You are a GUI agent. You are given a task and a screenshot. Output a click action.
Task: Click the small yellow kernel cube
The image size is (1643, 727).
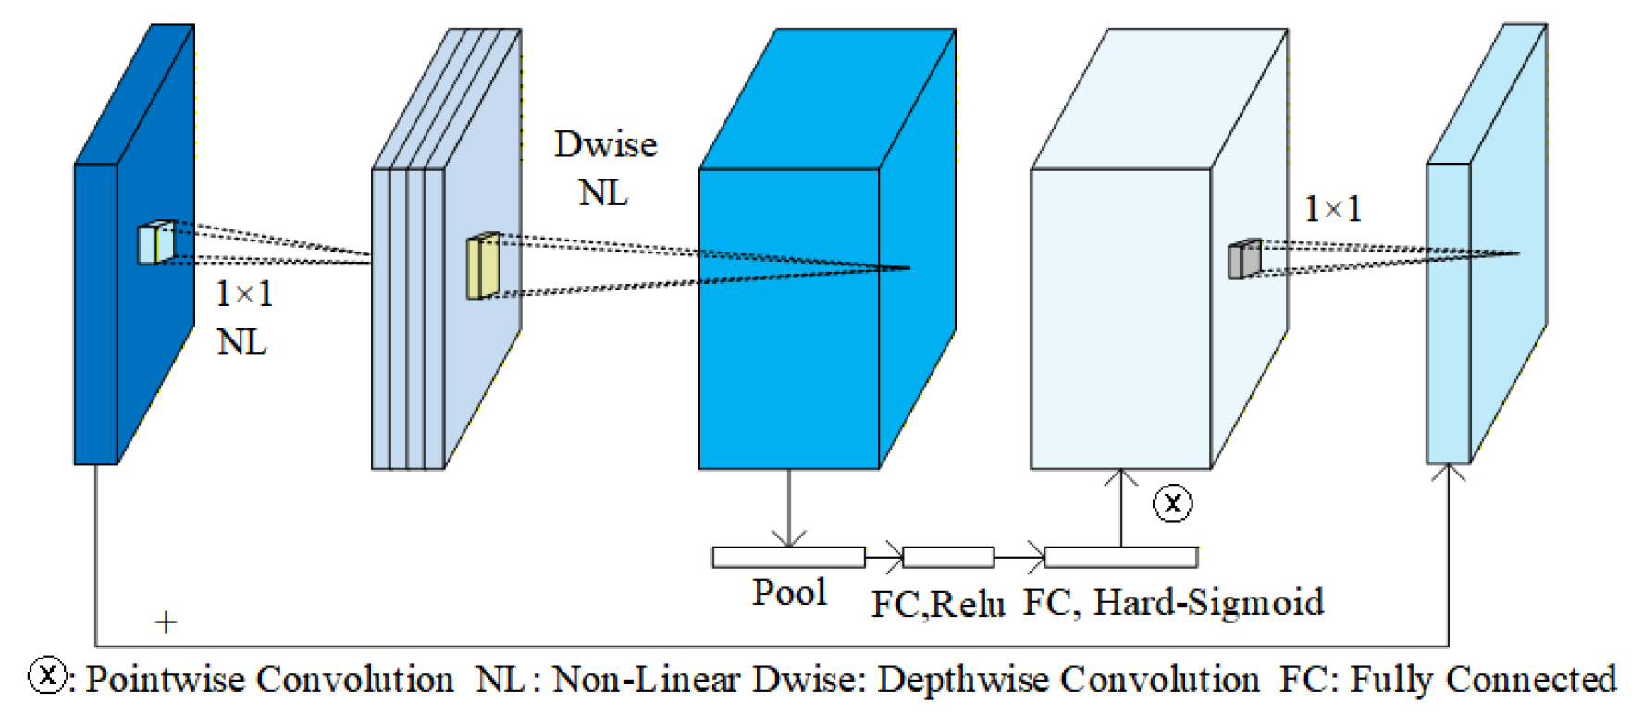pos(483,266)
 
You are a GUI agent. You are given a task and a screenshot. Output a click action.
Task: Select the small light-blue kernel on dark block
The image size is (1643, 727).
pos(155,242)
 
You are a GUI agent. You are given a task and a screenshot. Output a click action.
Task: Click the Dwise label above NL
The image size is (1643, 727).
pos(605,145)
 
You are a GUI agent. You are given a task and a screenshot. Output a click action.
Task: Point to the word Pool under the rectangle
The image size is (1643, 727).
pos(788,593)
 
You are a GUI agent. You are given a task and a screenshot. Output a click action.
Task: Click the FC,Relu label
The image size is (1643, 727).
pos(937,604)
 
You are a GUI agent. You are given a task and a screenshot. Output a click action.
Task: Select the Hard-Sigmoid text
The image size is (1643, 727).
pos(1208,602)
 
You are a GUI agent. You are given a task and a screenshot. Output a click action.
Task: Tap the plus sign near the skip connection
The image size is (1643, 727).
pos(166,622)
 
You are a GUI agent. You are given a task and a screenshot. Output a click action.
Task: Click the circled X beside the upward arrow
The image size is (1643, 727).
pos(1172,503)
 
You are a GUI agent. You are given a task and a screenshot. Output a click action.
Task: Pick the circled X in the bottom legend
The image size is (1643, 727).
pos(47,675)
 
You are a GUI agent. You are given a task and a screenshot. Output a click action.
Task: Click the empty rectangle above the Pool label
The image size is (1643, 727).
pos(788,557)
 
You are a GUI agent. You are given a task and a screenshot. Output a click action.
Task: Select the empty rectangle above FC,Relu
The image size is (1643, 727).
pos(948,557)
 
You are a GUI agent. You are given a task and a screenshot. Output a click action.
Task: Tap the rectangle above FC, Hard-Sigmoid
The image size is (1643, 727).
pos(1120,557)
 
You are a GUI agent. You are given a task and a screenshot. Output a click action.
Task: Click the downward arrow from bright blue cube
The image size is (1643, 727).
pos(788,509)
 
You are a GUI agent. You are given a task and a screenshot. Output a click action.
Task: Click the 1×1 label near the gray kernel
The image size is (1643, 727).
pos(1332,209)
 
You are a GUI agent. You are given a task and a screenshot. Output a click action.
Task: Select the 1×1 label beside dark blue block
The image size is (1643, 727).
pos(244,294)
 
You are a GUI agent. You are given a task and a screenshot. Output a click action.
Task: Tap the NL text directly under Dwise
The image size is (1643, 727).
pos(603,193)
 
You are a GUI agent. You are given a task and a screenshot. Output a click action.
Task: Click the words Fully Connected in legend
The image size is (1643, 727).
pos(1482,680)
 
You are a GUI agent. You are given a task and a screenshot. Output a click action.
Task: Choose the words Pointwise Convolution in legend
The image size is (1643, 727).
pos(269,680)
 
